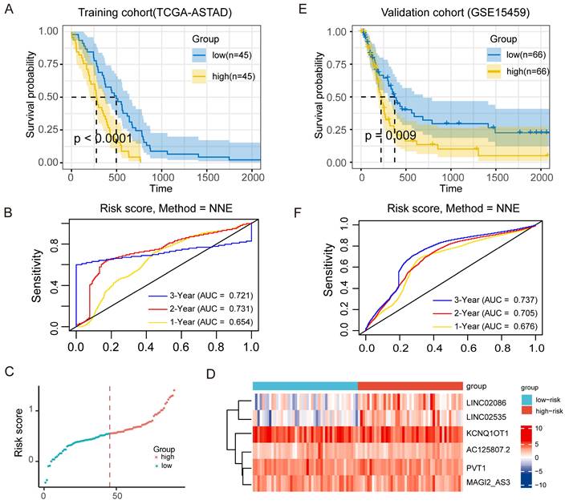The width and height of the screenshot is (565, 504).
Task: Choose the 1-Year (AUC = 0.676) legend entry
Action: click(499, 325)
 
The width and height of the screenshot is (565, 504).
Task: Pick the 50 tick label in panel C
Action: click(117, 497)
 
